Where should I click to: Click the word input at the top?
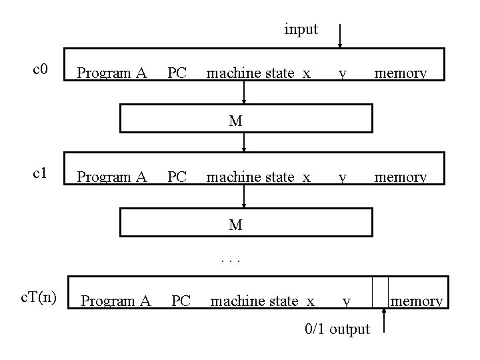click(x=301, y=30)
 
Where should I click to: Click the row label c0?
click(x=41, y=69)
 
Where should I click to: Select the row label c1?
click(x=41, y=173)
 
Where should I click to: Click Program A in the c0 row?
click(x=112, y=73)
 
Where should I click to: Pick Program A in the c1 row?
click(x=112, y=177)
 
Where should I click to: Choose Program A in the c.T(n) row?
click(x=116, y=301)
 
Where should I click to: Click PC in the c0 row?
click(x=177, y=73)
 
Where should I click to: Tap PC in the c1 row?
click(x=177, y=177)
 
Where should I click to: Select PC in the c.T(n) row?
click(x=181, y=301)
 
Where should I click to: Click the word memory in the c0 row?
click(x=400, y=73)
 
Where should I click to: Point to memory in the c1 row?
click(x=400, y=177)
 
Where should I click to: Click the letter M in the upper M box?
click(x=235, y=121)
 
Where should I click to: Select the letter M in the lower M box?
click(x=235, y=225)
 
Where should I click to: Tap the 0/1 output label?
click(x=337, y=329)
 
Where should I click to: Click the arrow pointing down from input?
click(x=341, y=37)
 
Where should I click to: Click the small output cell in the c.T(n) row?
click(x=379, y=293)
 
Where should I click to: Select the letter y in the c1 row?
click(x=342, y=179)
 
